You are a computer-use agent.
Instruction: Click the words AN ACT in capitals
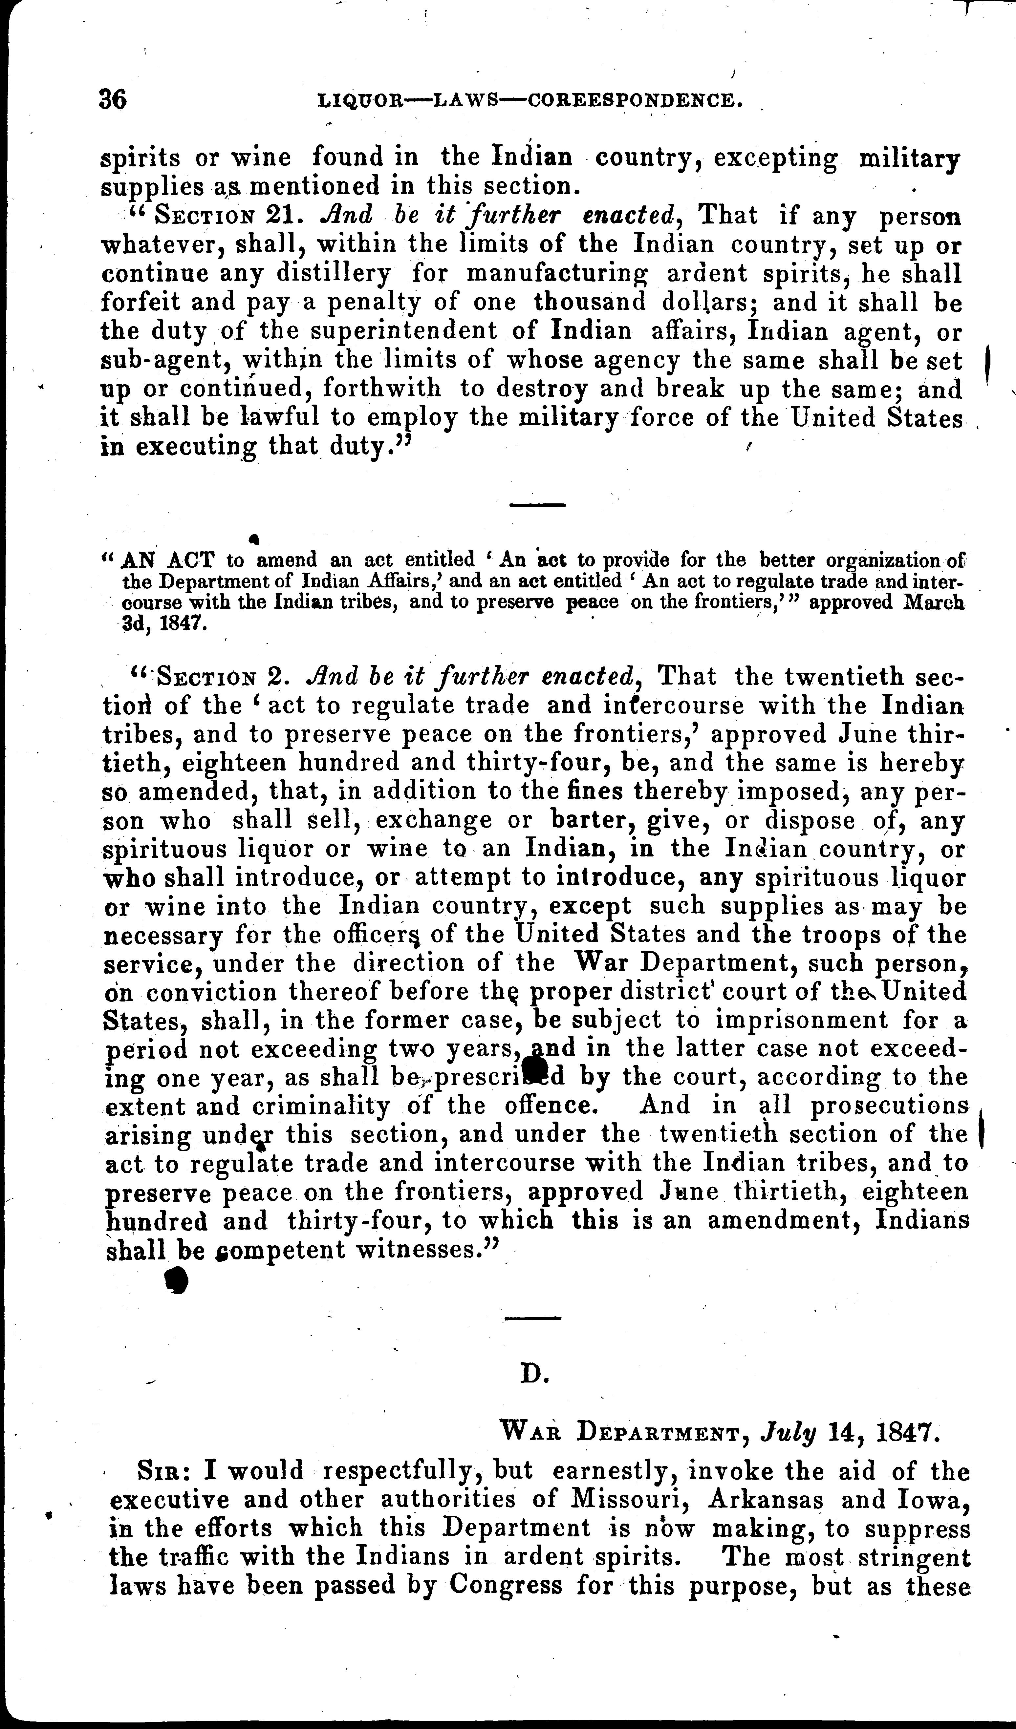coord(167,560)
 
